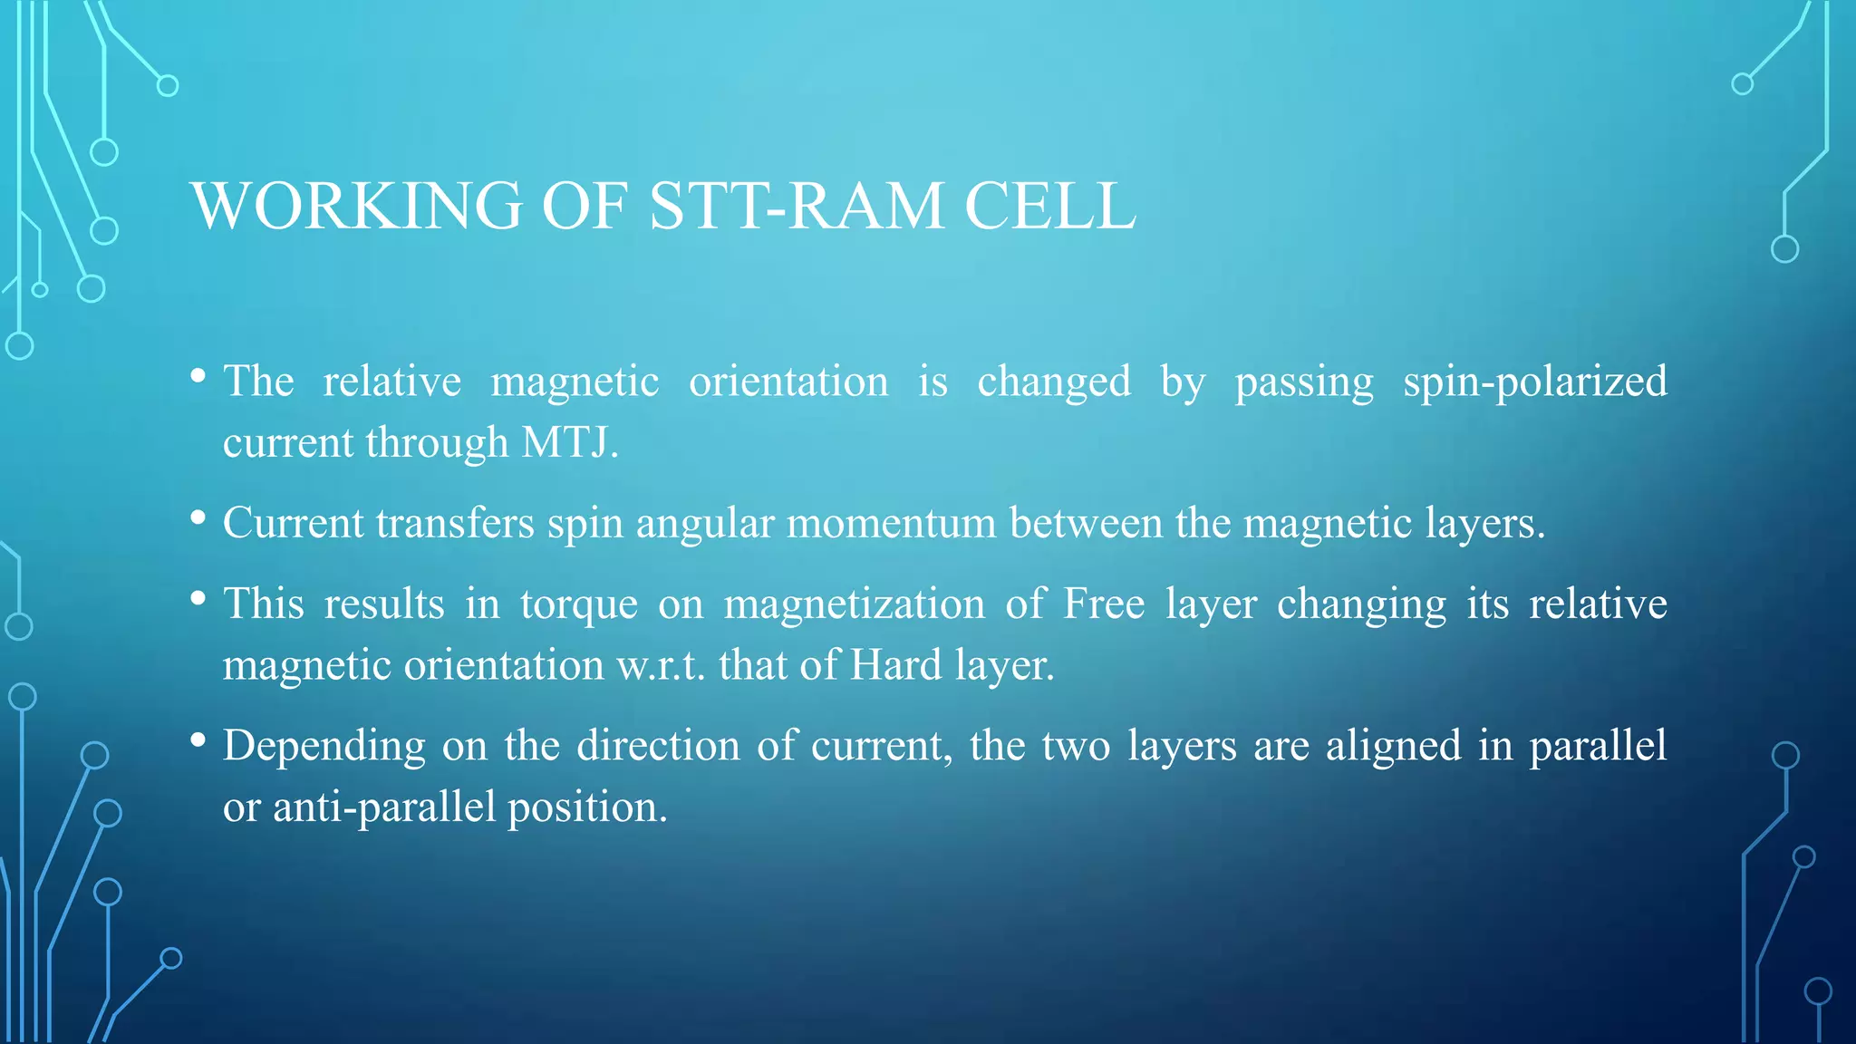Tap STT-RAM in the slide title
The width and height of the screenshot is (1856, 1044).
(797, 207)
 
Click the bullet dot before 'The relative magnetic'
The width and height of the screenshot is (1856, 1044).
(198, 375)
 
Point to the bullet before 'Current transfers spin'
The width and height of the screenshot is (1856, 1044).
(198, 517)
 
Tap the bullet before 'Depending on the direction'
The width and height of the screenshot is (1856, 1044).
(198, 739)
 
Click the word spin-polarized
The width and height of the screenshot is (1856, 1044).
(1534, 382)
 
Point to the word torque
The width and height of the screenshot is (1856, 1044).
(578, 604)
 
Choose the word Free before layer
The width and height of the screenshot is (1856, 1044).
(1103, 604)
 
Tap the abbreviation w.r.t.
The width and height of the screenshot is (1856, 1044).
(661, 666)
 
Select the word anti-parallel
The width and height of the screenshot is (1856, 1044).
(384, 807)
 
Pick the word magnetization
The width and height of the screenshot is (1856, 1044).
(854, 604)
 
